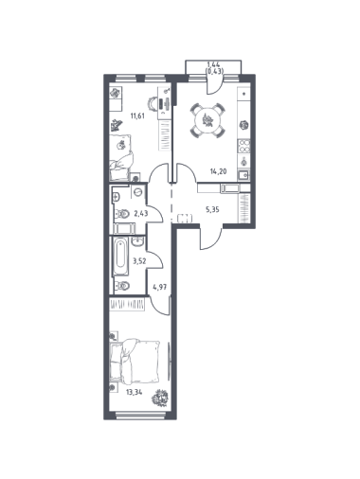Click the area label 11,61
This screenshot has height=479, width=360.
click(137, 115)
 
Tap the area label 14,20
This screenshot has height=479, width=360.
click(219, 171)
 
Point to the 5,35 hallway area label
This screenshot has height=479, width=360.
click(212, 209)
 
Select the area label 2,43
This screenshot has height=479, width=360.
click(141, 214)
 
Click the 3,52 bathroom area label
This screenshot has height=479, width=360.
click(139, 261)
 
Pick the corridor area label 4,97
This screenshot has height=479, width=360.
click(159, 287)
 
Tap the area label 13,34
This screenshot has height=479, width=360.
click(135, 393)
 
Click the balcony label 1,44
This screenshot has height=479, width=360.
click(213, 64)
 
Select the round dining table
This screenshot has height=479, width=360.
click(207, 121)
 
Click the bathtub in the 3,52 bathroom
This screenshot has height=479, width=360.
click(121, 257)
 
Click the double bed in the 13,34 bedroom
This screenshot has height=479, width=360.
click(135, 362)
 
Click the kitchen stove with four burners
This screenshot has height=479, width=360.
click(244, 146)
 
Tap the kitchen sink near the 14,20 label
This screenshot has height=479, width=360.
click(244, 174)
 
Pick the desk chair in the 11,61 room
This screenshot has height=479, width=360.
click(153, 104)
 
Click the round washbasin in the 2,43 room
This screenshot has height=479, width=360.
click(137, 191)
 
